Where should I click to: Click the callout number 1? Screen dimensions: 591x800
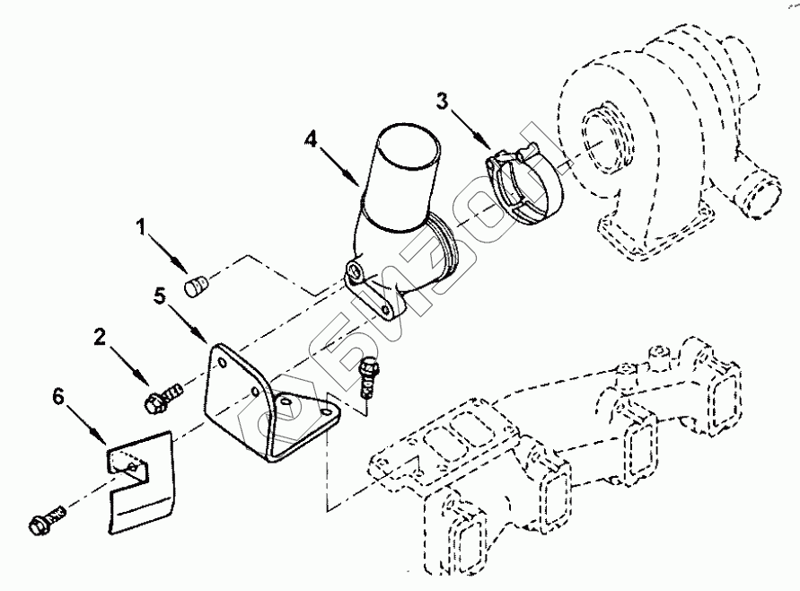coord(141,228)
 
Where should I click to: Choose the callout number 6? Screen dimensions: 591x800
coord(58,397)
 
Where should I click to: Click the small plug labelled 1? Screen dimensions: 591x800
coord(195,287)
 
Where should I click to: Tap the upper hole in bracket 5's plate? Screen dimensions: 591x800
coord(221,361)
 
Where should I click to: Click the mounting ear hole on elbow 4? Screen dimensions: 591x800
coord(356,270)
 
